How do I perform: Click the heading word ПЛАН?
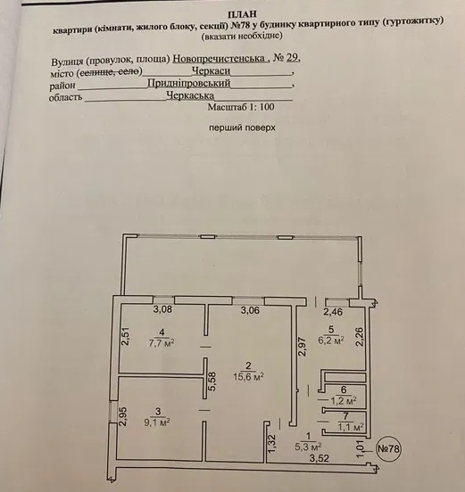point(242,14)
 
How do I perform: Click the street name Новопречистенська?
point(219,59)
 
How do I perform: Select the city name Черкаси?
point(211,71)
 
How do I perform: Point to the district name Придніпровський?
point(189,83)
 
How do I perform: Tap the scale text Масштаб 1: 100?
point(241,107)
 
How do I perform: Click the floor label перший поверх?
point(242,127)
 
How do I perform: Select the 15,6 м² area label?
point(248,376)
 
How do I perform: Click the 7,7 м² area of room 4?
point(162,342)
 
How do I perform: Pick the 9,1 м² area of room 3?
point(157,422)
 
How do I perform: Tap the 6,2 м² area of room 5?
point(331,340)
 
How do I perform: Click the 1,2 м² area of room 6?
point(344,400)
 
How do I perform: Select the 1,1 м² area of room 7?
point(351,427)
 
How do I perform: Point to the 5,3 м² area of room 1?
point(308,446)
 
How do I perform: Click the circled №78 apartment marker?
point(388,448)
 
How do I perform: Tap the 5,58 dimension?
point(212,381)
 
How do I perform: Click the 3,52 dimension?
point(320,458)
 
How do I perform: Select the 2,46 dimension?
point(333,312)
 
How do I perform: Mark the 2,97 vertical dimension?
point(302,347)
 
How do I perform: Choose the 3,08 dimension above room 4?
point(162,309)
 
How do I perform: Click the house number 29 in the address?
point(292,58)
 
